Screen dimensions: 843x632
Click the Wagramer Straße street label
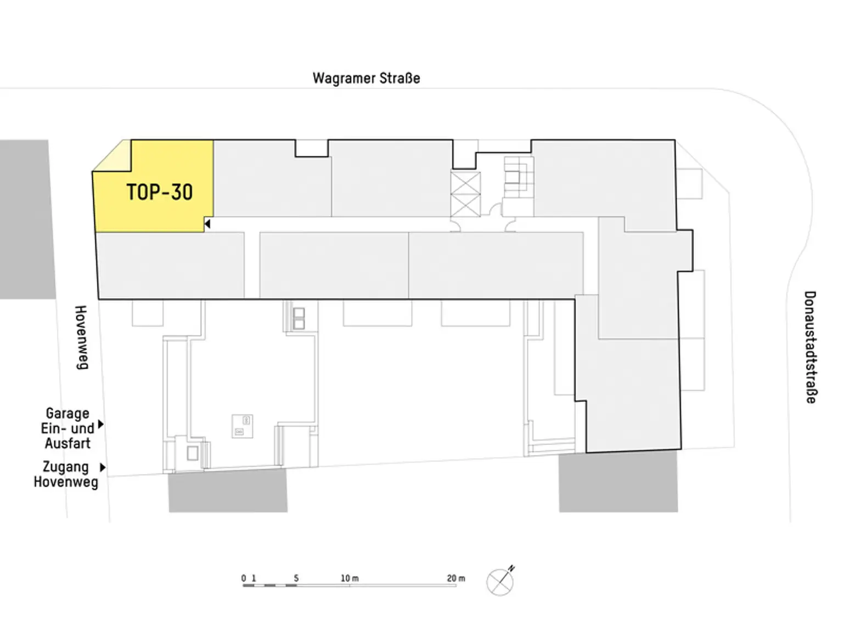click(x=366, y=78)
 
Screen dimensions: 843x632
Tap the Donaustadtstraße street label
click(x=811, y=347)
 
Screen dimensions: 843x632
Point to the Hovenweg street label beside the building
click(x=81, y=338)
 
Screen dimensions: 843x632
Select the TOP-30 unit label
click(x=159, y=192)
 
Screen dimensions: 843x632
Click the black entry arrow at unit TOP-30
click(x=207, y=224)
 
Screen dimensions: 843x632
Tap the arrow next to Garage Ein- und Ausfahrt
click(x=101, y=424)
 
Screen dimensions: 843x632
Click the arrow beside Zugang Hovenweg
click(x=103, y=467)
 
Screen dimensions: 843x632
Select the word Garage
click(x=68, y=414)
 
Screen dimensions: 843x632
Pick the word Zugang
click(x=66, y=467)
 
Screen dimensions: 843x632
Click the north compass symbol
click(x=500, y=582)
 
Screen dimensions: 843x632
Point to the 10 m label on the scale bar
click(x=350, y=578)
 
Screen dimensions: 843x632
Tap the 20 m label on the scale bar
click(x=456, y=578)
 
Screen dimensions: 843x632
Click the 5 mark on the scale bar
click(x=296, y=578)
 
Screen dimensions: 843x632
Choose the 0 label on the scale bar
click(x=244, y=578)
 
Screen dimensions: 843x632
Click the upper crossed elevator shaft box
click(x=465, y=183)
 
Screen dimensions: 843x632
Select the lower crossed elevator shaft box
click(x=465, y=205)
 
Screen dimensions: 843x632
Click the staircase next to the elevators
click(x=519, y=177)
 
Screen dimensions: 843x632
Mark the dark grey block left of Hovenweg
click(x=27, y=219)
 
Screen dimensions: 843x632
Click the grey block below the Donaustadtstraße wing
click(x=618, y=482)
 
